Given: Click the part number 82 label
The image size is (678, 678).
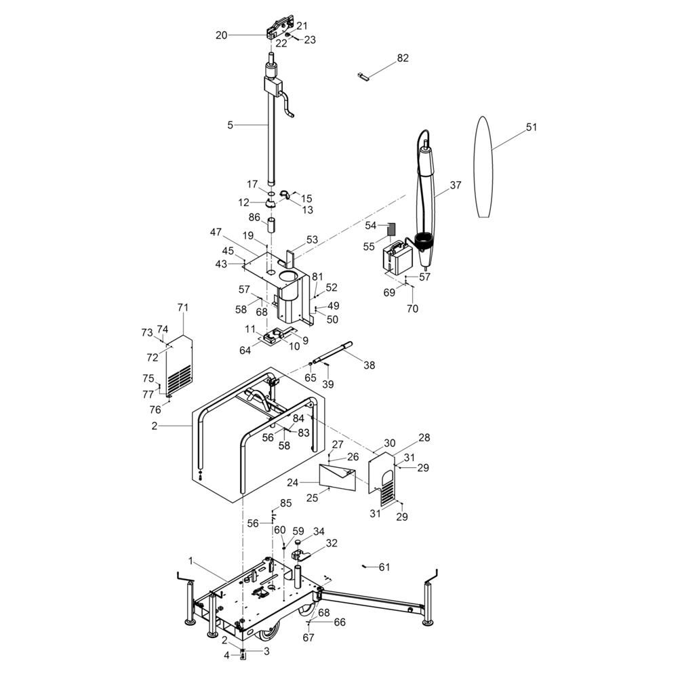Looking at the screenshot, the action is pyautogui.click(x=403, y=58).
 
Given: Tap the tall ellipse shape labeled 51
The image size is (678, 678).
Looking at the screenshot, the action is pyautogui.click(x=483, y=167).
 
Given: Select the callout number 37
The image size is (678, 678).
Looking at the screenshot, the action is pyautogui.click(x=456, y=185).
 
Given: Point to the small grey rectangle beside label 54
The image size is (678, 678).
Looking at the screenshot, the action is pyautogui.click(x=391, y=228).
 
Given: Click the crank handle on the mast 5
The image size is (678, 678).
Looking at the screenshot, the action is pyautogui.click(x=287, y=104).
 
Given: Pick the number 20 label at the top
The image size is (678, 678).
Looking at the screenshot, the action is pyautogui.click(x=222, y=35).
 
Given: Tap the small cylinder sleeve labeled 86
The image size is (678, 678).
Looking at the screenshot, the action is pyautogui.click(x=271, y=226).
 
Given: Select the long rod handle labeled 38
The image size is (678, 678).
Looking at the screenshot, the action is pyautogui.click(x=332, y=352).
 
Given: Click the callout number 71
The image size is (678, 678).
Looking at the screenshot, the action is pyautogui.click(x=183, y=307).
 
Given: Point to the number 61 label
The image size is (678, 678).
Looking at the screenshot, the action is pyautogui.click(x=384, y=567).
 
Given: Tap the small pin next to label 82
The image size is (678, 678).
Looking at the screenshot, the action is pyautogui.click(x=362, y=76).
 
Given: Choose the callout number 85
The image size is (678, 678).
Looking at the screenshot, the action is pyautogui.click(x=286, y=503).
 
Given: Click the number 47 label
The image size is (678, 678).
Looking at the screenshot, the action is pyautogui.click(x=216, y=232).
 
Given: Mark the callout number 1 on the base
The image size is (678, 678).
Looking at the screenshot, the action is pyautogui.click(x=191, y=561).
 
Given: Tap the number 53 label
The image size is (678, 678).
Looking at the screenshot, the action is pyautogui.click(x=312, y=239).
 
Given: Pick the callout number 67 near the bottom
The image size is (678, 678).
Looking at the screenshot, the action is pyautogui.click(x=308, y=637).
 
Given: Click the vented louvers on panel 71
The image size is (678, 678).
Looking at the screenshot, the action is pyautogui.click(x=179, y=376).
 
